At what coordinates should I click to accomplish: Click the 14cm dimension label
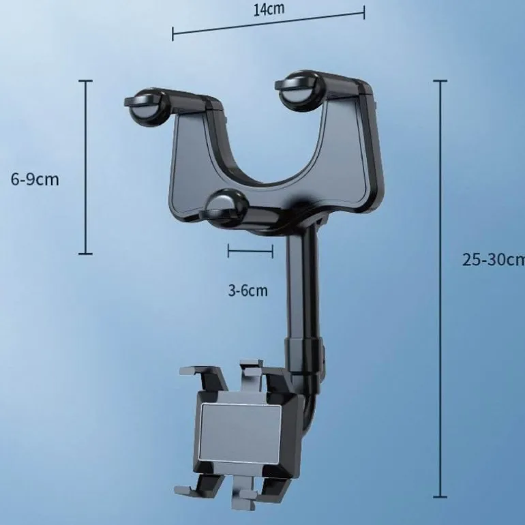pos(269,9)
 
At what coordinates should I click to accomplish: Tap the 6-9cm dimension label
pos(35,179)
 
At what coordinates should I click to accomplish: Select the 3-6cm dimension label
pos(247,290)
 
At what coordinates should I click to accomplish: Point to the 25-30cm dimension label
pos(493,260)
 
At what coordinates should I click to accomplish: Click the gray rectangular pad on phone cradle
pos(240,432)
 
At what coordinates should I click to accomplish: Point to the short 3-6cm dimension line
pos(250,251)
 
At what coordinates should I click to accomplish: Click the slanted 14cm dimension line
pos(269,23)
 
